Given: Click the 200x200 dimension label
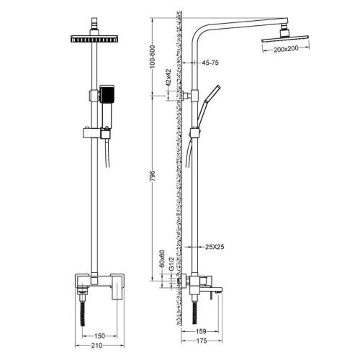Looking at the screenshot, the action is pos(286,49).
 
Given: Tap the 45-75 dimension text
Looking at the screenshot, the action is pos(210,63).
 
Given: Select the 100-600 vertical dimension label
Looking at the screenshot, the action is pos(153,57).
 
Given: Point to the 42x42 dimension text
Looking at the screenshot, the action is pos(168,78).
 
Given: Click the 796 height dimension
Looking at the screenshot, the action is pos(153,176).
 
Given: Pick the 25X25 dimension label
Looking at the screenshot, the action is pos(215,247).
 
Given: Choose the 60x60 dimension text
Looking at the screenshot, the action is pos(162,258).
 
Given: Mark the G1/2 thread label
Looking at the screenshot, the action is pos(171,264).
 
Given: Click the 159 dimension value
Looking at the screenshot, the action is pos(201,331).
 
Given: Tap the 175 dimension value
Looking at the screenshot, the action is pos(202,341).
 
